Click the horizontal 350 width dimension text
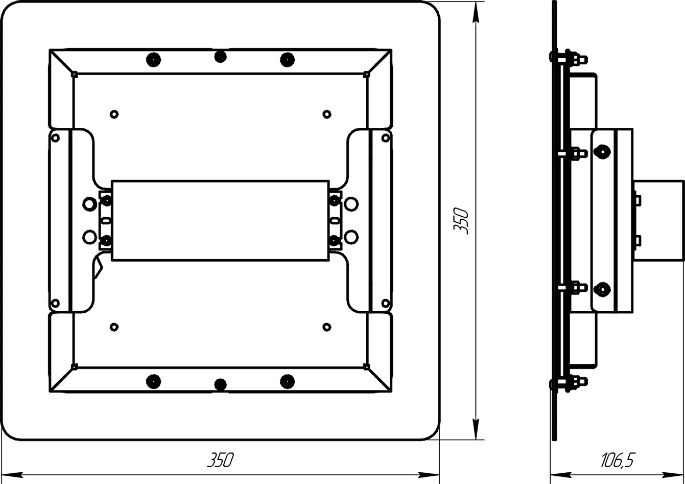(221, 460)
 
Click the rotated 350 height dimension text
(461, 221)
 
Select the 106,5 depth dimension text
(618, 460)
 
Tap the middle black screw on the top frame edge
(221, 57)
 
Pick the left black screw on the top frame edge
(154, 60)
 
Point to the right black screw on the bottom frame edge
(288, 381)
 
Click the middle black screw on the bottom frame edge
(221, 384)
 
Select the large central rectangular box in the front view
(220, 221)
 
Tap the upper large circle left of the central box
(89, 204)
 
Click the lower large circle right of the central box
(351, 237)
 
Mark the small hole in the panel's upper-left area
(114, 114)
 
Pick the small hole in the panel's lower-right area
(327, 327)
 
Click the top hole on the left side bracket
(55, 138)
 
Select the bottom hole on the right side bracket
(386, 303)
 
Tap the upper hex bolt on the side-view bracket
(602, 151)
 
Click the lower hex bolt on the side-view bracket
(602, 289)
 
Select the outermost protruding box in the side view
(658, 221)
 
